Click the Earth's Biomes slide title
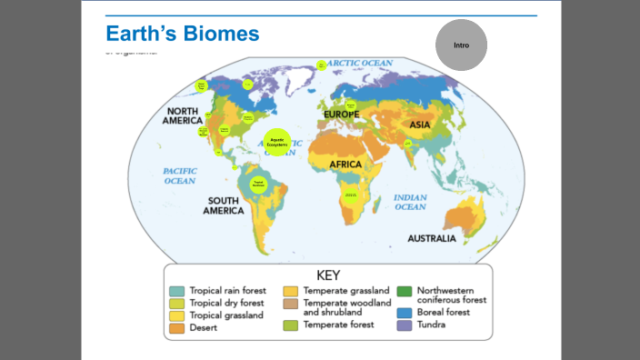[183, 34]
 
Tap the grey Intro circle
[461, 45]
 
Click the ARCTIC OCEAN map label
[360, 64]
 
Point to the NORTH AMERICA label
[183, 115]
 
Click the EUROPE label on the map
[342, 114]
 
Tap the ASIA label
[420, 125]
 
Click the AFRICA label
[345, 165]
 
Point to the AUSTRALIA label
[432, 239]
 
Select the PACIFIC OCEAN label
[180, 175]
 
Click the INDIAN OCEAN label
[410, 202]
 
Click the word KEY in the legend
[328, 275]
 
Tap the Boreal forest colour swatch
[405, 312]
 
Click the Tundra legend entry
[431, 325]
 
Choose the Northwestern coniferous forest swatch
[405, 291]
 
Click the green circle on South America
[257, 182]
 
